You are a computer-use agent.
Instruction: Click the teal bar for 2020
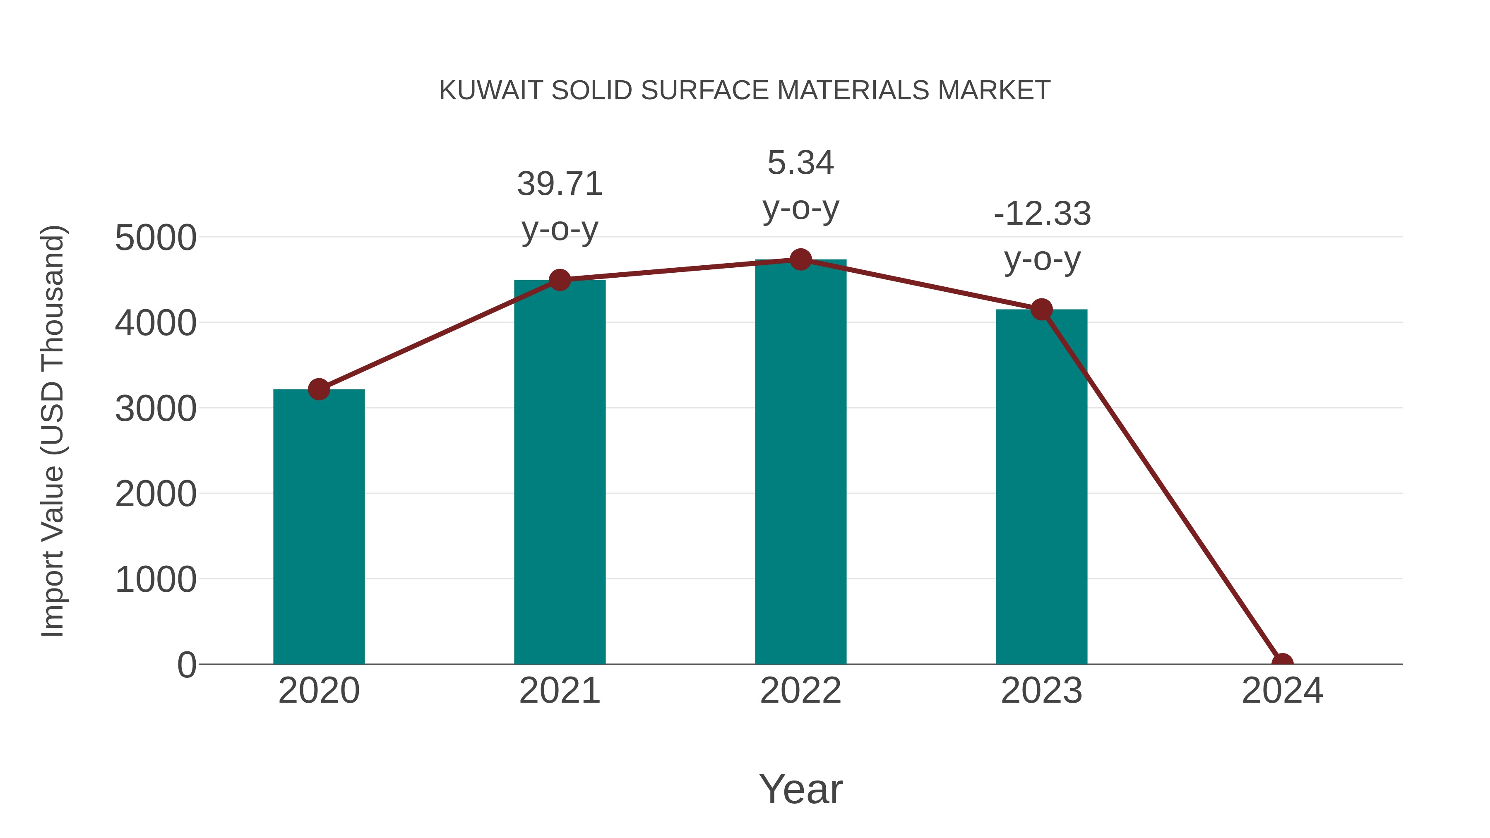coord(319,526)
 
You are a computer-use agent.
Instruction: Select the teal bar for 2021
coord(559,471)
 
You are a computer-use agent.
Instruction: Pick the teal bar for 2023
coord(1041,486)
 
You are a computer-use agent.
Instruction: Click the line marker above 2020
coord(319,389)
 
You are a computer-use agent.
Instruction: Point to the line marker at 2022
coord(800,259)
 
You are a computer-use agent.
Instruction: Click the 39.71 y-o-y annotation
coord(559,206)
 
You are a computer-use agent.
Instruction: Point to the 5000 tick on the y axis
coord(156,238)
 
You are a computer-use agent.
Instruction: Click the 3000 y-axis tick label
coord(156,409)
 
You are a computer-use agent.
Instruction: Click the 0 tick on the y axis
coord(187,665)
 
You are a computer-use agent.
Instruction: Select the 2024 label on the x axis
coord(1282,691)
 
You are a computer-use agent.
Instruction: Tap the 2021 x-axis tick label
coord(559,691)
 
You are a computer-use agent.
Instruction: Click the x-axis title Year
coord(800,789)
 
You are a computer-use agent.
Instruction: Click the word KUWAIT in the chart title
coord(490,90)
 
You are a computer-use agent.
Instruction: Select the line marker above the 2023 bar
coord(1041,310)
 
